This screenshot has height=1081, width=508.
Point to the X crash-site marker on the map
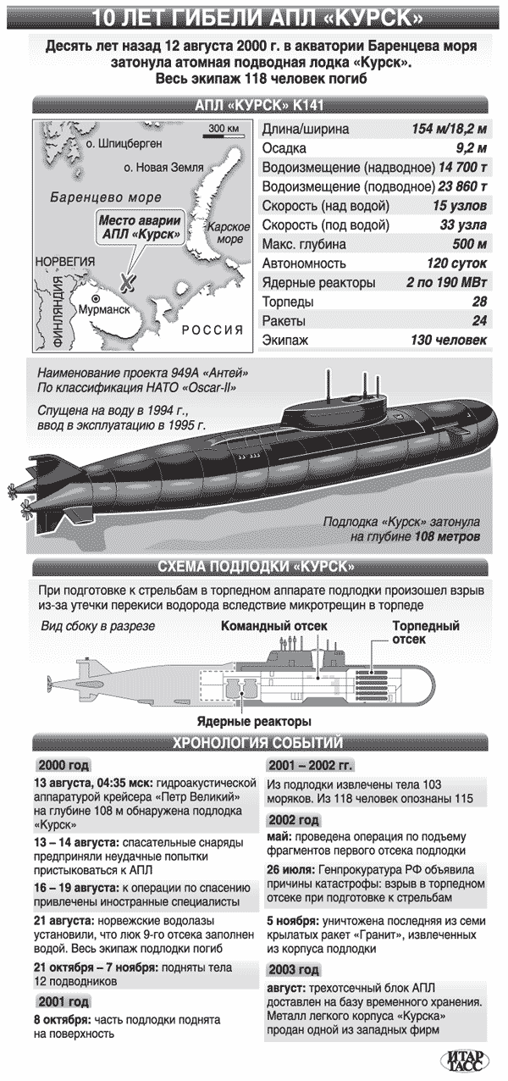128,280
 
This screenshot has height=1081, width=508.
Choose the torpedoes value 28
479,302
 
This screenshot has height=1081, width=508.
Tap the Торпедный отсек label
425,633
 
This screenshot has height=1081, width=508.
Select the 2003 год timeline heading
293,970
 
